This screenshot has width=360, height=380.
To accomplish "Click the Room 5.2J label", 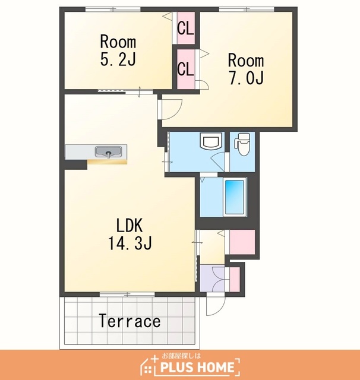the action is [118, 50].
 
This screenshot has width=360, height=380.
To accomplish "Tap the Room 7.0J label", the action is [246, 69].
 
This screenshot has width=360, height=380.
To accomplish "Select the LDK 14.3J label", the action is [130, 234].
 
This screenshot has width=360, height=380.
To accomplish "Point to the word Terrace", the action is [130, 321].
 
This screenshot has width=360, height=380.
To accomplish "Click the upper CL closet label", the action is [185, 28].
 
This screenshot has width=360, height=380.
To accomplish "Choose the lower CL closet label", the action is [185, 69].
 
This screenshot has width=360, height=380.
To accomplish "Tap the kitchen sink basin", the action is [108, 152].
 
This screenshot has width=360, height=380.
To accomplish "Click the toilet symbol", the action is [242, 144].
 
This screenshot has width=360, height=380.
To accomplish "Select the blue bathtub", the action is [234, 197].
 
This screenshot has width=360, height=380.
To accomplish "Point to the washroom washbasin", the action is [210, 141].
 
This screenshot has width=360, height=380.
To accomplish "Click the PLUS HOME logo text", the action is [197, 367].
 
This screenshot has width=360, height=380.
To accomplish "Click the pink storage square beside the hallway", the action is [242, 242].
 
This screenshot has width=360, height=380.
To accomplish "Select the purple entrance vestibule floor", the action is [212, 278].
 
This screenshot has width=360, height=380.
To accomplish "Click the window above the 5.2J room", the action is [113, 9].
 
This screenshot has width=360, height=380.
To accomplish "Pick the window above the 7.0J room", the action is [247, 9].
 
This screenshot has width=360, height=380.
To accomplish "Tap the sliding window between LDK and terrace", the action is [127, 294].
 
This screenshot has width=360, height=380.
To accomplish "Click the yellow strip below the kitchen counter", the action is [108, 162].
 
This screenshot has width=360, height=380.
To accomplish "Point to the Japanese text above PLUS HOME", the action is [181, 356].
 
